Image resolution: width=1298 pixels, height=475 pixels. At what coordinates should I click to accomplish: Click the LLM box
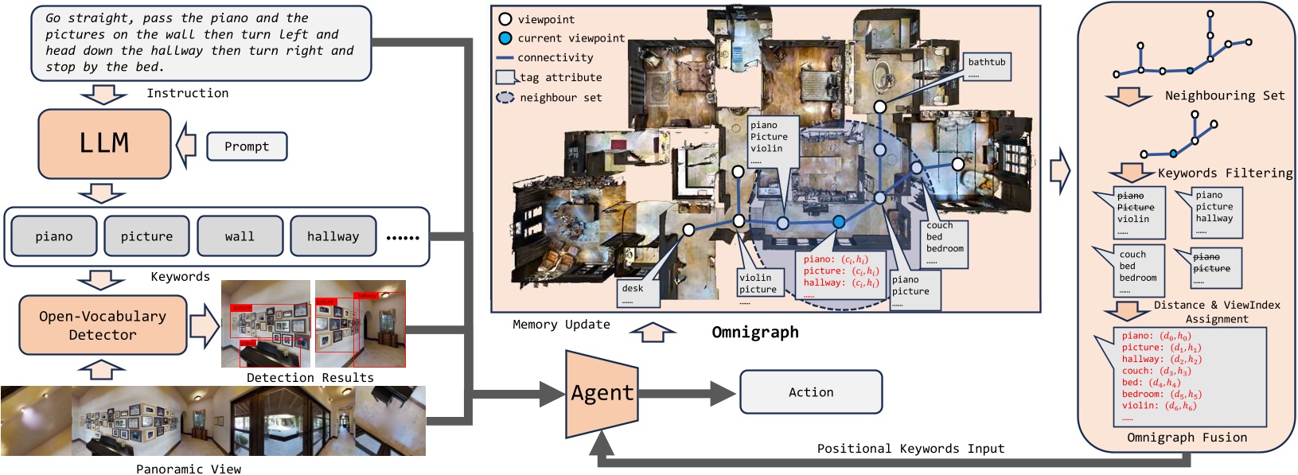coord(104,143)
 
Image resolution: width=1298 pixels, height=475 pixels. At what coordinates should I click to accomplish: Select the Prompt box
coord(247,146)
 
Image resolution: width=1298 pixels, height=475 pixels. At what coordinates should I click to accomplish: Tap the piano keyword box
coord(54,236)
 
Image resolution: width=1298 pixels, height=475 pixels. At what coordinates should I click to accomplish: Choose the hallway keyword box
coord(333,236)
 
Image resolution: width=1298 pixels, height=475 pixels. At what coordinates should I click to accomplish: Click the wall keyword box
coord(240,236)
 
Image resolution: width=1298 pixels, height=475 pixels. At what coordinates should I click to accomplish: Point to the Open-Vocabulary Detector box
coord(103,325)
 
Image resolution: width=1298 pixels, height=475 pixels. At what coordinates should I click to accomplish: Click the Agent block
coord(602,392)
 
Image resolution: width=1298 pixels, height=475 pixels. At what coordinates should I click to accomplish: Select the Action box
coord(811,392)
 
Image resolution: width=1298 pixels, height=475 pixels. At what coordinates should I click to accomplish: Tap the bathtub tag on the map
coord(987,67)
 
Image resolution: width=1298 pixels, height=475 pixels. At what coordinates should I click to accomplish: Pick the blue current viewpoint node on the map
coord(839,222)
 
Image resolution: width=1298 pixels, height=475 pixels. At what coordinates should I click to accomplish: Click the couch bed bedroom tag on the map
coord(945,243)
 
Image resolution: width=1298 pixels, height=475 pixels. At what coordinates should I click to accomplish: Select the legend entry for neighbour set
coord(560,97)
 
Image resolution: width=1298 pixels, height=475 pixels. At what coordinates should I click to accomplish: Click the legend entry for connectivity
coord(555,57)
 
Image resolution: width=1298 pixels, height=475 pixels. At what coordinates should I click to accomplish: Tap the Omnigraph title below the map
coord(754,332)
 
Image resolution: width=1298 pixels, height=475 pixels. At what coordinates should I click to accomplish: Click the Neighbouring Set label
coord(1224,95)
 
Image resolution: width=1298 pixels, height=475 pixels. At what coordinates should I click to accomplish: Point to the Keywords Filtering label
coord(1225,173)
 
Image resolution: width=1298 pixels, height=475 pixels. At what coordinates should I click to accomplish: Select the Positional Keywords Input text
coord(910,449)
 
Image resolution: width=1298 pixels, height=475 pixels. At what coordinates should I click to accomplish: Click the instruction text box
coord(201,42)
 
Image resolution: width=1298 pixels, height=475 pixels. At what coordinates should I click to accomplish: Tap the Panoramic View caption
coord(189,469)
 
